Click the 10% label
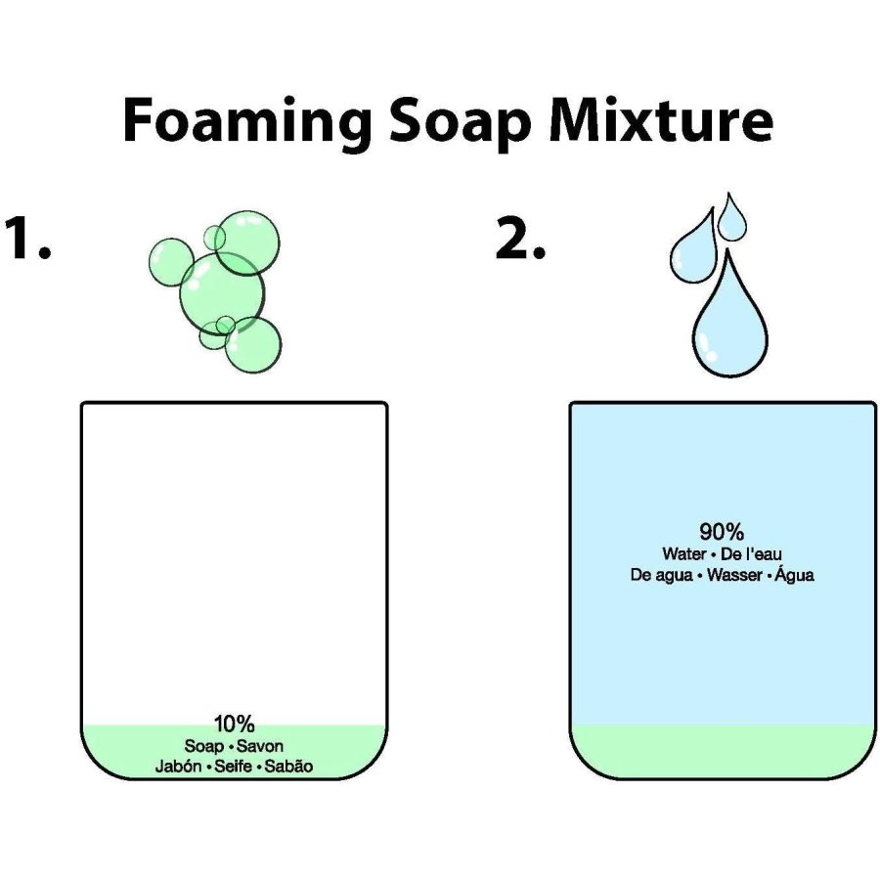(234, 724)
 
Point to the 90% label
(722, 531)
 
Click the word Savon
(260, 746)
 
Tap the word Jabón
(179, 766)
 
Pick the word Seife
(233, 766)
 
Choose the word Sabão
(288, 766)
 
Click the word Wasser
(734, 575)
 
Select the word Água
(794, 574)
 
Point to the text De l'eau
(751, 554)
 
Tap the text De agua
(661, 575)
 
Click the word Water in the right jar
(683, 554)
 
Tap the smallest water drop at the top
(731, 218)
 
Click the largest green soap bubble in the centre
(222, 292)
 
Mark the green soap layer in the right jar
(723, 751)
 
